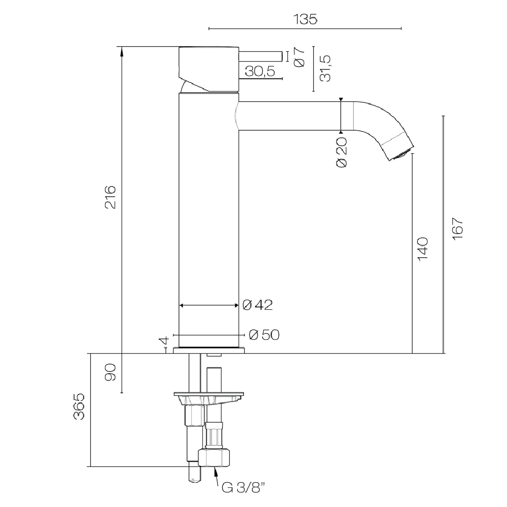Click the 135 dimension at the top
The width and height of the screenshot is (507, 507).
tap(306, 19)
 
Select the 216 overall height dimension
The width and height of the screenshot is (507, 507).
tap(110, 197)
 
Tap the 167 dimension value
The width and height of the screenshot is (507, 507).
tap(457, 228)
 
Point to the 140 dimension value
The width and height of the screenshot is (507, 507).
tap(423, 249)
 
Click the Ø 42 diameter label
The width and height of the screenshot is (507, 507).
tap(258, 305)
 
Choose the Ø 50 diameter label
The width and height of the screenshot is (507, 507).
tap(264, 335)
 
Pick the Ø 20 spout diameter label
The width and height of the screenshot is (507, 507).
tap(341, 152)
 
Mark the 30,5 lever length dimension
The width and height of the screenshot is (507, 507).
tap(260, 71)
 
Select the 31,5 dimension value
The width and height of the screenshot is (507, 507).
tap(325, 68)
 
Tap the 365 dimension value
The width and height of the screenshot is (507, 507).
tap(79, 407)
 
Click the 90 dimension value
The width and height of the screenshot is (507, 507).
tap(110, 372)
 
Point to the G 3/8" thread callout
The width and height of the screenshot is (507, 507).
tap(244, 487)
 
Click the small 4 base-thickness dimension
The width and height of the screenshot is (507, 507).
tap(165, 341)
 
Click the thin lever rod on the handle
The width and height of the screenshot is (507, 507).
tap(261, 56)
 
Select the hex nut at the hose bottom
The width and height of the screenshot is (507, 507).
tap(214, 457)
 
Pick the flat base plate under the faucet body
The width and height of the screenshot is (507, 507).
tap(209, 350)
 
